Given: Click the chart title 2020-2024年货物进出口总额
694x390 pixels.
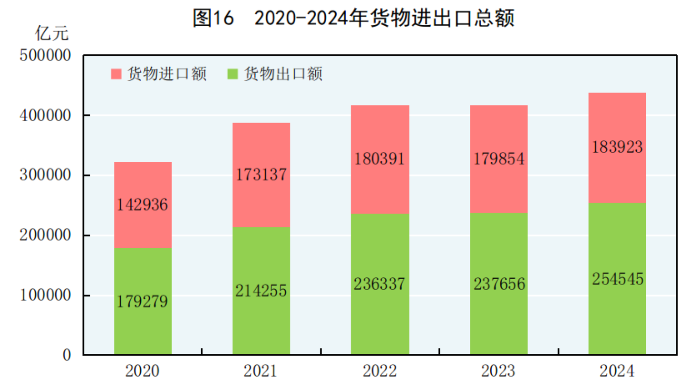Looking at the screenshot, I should tap(354, 18).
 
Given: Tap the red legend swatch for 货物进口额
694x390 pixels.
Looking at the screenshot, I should tap(116, 74).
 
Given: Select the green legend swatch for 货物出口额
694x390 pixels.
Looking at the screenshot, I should tap(233, 74).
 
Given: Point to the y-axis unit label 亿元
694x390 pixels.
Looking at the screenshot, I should tap(52, 33).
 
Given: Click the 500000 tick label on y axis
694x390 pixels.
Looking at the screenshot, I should tap(45, 56).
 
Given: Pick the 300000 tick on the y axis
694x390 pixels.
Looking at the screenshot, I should tap(45, 175).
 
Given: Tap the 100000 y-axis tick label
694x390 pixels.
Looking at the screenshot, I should tap(45, 295).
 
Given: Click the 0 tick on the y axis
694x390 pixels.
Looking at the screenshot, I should tap(66, 355).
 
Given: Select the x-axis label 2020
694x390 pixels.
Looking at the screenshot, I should tap(142, 371).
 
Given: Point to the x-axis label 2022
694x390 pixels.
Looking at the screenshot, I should tap(380, 371).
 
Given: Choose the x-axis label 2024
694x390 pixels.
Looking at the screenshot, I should tap(617, 371).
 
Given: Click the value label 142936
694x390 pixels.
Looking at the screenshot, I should tap(142, 205).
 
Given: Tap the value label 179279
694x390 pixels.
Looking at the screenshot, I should tap(142, 301).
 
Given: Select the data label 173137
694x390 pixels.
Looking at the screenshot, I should tap(261, 175).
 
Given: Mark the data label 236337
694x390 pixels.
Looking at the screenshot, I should tap(380, 284).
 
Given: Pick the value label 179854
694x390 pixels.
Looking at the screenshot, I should tap(499, 159).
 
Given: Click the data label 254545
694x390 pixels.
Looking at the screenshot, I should tap(617, 279).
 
